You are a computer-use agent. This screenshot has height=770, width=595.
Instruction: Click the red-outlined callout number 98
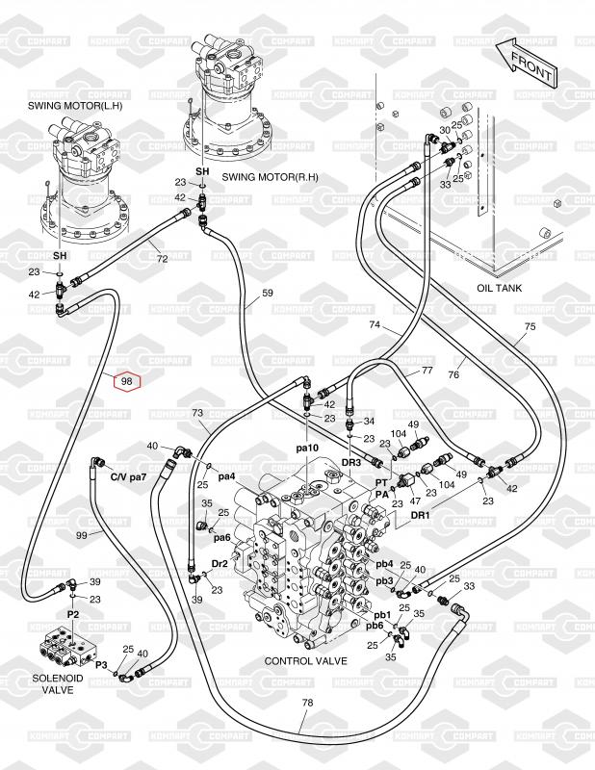coord(127,381)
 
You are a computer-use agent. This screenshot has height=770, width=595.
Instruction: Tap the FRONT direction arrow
coord(527,62)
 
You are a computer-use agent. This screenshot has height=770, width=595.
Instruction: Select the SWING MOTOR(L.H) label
coord(75,106)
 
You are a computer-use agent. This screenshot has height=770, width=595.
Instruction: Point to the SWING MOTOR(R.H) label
coord(270,177)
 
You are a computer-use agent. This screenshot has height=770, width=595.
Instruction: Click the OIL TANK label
coord(499,288)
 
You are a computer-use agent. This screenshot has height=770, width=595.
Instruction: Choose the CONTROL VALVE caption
coord(305,661)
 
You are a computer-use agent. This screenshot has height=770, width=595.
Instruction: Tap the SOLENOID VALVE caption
coord(58,684)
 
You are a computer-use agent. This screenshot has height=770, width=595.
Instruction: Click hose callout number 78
coord(307,703)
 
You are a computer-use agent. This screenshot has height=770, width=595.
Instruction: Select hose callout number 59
coord(268,293)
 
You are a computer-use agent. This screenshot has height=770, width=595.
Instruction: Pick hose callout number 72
coord(162,259)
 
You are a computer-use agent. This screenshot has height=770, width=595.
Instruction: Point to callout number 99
coord(82,535)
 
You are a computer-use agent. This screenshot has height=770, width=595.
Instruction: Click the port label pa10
coord(307,448)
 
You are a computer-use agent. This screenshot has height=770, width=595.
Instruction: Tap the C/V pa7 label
coord(129,476)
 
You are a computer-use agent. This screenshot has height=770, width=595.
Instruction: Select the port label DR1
coord(420,515)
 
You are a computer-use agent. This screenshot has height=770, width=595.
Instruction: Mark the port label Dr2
coord(220,564)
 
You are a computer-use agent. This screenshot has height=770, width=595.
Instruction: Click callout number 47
coord(415,500)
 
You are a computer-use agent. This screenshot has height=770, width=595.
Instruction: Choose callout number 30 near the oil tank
coord(444,130)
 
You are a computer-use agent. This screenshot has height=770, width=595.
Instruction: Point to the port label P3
coord(101,664)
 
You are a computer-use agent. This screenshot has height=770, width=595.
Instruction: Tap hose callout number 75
coord(530,326)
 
